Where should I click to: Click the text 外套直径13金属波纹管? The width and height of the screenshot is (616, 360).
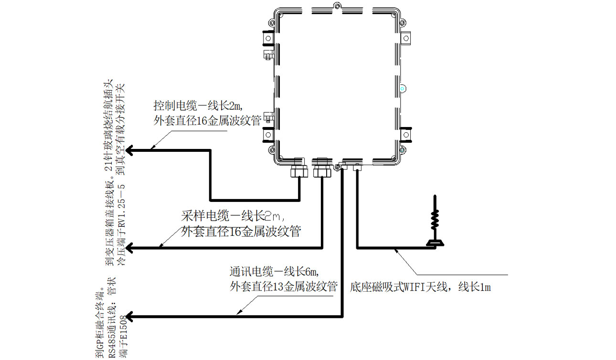point(284,286)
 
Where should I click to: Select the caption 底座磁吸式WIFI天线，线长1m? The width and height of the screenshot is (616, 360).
point(421,287)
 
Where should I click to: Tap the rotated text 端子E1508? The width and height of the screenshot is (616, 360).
point(123,334)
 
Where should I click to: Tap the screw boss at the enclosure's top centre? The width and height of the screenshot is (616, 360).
point(338,7)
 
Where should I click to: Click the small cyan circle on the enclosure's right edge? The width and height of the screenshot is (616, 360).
point(403,89)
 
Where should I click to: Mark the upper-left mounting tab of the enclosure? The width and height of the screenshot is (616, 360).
point(267,38)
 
